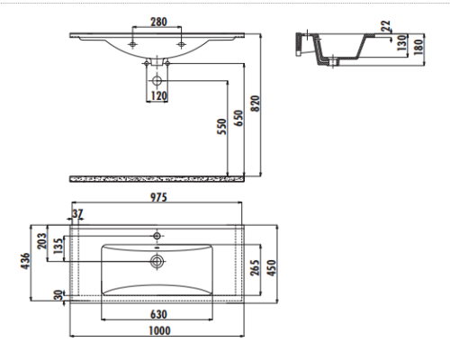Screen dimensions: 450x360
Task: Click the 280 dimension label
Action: [x=158, y=22]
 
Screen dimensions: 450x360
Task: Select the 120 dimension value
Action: [x=158, y=96]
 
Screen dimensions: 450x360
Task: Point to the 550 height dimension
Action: [x=222, y=127]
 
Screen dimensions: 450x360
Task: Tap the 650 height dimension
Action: [x=238, y=118]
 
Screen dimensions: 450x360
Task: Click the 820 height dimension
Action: [x=256, y=103]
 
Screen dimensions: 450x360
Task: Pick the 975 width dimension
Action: [x=158, y=197]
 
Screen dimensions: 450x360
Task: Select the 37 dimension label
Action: [x=77, y=213]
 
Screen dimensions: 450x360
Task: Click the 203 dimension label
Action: [x=42, y=241]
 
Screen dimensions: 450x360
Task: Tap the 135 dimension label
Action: [x=58, y=246]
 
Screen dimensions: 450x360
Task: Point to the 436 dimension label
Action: [x=25, y=261]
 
